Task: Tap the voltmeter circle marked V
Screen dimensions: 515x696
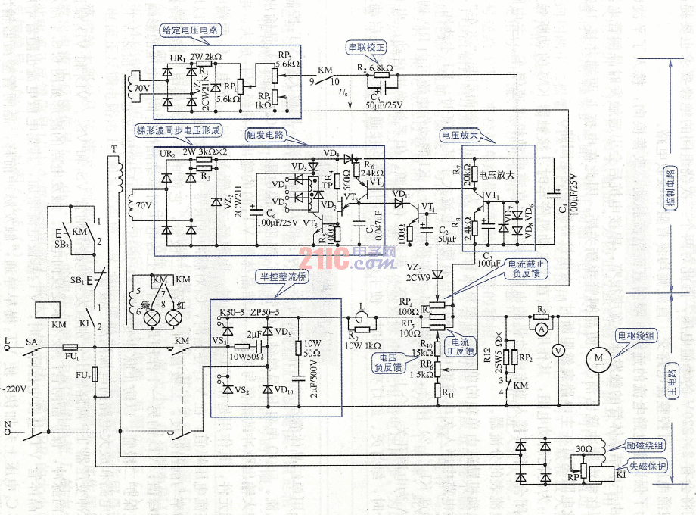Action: [558, 350]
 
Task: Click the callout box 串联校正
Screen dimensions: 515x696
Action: [367, 47]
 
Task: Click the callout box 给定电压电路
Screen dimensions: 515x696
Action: [193, 30]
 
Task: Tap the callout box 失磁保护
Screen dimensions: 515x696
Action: [649, 467]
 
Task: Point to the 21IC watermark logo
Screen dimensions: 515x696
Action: [348, 261]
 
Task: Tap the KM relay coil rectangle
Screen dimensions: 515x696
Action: [48, 309]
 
